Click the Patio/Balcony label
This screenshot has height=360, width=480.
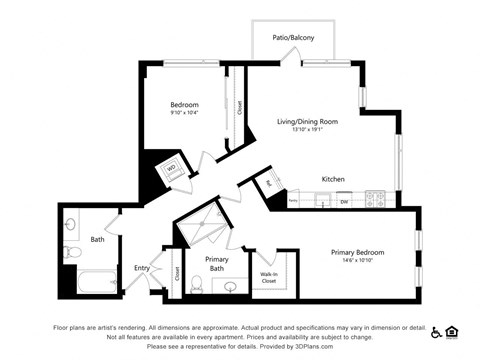pyautogui.click(x=293, y=38)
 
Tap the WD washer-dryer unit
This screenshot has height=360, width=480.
pyautogui.click(x=170, y=169)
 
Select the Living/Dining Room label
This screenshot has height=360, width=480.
pyautogui.click(x=308, y=121)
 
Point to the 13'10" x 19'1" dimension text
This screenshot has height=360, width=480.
pyautogui.click(x=308, y=130)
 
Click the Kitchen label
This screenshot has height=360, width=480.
pyautogui.click(x=333, y=179)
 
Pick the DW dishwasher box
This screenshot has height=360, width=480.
pyautogui.click(x=343, y=201)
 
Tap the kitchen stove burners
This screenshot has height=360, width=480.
pyautogui.click(x=376, y=198)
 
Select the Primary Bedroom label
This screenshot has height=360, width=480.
pyautogui.click(x=357, y=252)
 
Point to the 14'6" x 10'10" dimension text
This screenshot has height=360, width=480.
pyautogui.click(x=357, y=261)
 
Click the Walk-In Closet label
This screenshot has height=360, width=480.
pyautogui.click(x=269, y=278)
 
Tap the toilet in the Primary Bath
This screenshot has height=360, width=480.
pyautogui.click(x=197, y=287)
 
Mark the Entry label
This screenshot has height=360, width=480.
pyautogui.click(x=143, y=268)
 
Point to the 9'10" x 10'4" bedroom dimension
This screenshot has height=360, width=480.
pyautogui.click(x=183, y=113)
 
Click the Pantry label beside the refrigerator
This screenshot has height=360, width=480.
pyautogui.click(x=293, y=200)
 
